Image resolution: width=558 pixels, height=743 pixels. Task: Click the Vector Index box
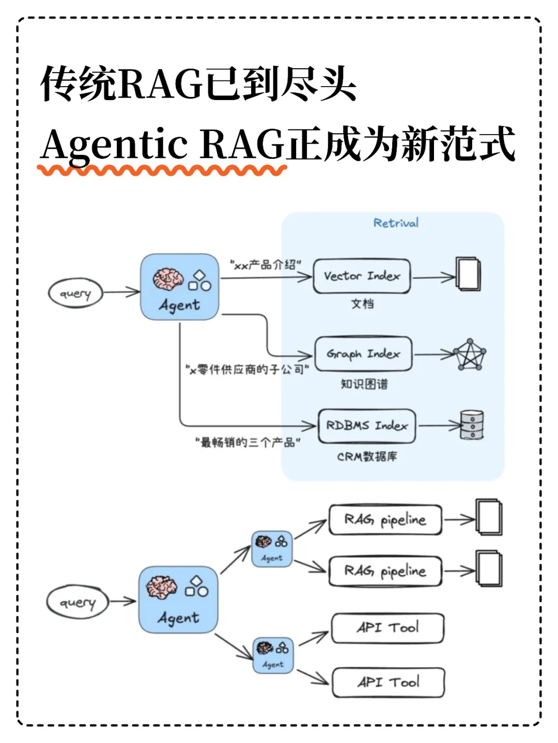(362, 277)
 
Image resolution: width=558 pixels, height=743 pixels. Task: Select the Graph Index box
(363, 354)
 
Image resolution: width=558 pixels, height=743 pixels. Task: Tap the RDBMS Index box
(367, 426)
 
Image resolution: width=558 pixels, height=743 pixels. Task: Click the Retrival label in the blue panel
(396, 223)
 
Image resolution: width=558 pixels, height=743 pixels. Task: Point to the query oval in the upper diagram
(75, 294)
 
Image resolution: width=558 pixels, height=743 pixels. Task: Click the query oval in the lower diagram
(78, 602)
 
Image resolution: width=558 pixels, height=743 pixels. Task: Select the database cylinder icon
(472, 425)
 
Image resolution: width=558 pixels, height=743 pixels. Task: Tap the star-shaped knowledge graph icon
(470, 354)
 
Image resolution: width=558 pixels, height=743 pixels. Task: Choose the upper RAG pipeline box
(385, 520)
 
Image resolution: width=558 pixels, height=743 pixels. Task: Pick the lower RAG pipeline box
(385, 571)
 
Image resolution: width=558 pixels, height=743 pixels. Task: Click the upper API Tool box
(388, 628)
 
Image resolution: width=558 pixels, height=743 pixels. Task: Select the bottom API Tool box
(388, 682)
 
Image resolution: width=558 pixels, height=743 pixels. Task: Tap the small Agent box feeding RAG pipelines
(272, 549)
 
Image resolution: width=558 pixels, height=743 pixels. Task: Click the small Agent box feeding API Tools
(273, 655)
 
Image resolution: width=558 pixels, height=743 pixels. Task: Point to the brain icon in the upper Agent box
(168, 279)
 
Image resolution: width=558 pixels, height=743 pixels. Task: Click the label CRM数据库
(367, 457)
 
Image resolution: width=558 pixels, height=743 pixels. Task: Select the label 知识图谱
(364, 384)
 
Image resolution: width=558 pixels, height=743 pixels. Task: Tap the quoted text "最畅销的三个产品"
(247, 442)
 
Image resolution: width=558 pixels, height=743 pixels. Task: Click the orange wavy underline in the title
(162, 170)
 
